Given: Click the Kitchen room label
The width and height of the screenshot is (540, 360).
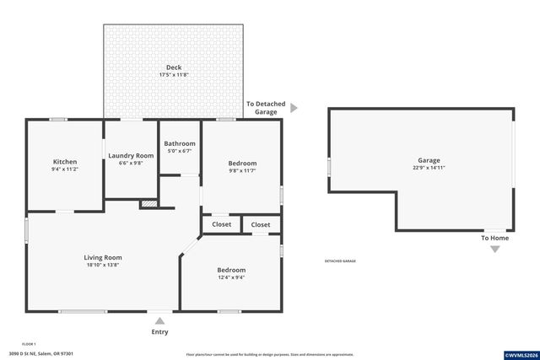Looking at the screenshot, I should (x=65, y=162).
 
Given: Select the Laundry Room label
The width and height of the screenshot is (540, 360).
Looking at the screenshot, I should (x=131, y=155).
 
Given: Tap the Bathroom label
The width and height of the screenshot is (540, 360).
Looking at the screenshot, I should (x=180, y=143).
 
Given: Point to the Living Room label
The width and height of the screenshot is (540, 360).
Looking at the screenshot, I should (x=103, y=257).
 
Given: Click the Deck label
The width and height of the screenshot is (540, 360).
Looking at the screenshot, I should (x=174, y=67).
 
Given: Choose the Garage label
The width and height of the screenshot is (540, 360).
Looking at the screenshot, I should (x=429, y=160).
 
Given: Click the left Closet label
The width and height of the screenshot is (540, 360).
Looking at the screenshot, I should (x=221, y=224).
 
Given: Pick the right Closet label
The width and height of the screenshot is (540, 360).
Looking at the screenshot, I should (x=261, y=224).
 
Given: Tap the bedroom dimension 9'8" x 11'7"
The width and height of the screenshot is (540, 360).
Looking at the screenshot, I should (x=242, y=170).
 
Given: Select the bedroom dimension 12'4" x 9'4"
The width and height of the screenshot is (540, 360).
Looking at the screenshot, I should (x=230, y=277).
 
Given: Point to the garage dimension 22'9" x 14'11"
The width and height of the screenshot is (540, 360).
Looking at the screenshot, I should (x=429, y=168).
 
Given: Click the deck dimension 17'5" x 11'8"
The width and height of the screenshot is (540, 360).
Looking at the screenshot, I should (x=174, y=75).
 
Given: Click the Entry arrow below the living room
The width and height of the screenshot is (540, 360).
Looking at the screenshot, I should (x=159, y=320).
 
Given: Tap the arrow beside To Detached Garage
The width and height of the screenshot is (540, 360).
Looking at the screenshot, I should (x=294, y=108).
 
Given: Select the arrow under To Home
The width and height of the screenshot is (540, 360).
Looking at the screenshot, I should (x=494, y=249).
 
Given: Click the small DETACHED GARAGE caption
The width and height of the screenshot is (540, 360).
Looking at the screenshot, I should (x=340, y=261).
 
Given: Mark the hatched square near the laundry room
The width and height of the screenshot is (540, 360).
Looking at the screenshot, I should (x=148, y=204).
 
